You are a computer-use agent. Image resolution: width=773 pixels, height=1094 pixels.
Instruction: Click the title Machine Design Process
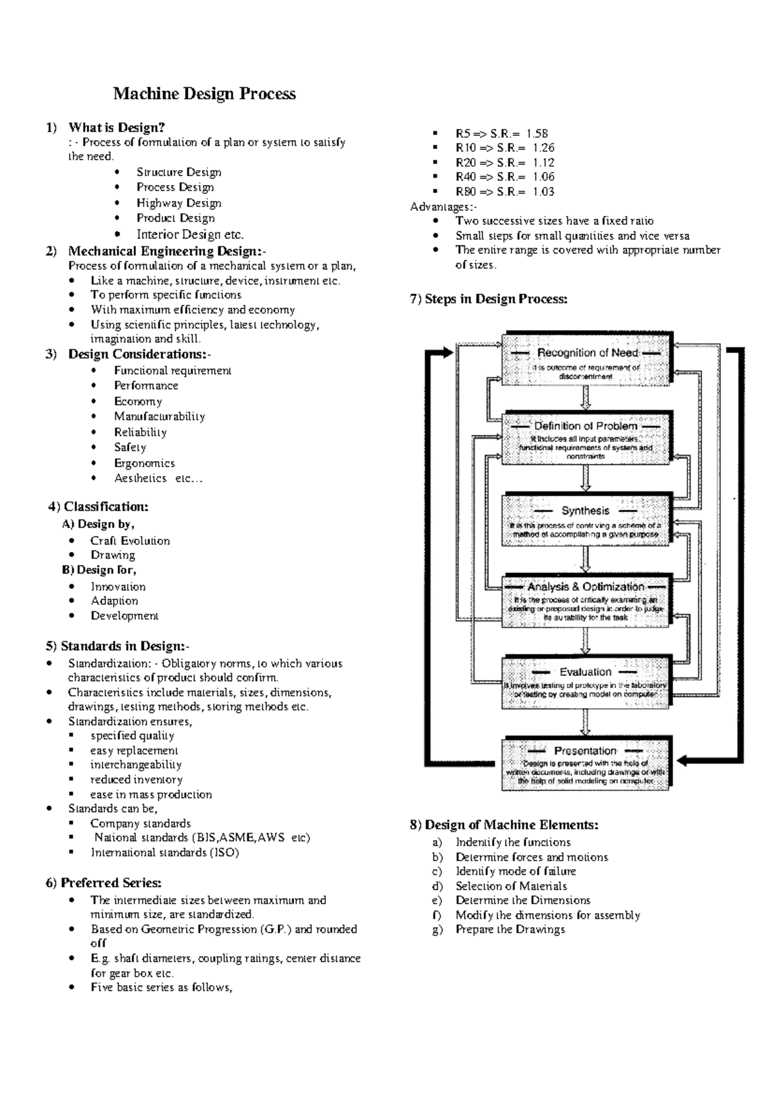204,94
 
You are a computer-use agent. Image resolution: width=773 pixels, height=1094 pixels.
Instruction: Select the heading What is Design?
117,128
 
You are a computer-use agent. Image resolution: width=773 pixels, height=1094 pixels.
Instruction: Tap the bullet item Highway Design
178,203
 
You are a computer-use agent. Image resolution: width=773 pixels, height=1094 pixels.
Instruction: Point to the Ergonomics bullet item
144,463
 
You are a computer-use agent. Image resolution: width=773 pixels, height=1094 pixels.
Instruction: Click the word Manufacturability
159,417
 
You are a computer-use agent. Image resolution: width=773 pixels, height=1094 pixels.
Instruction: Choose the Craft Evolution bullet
130,541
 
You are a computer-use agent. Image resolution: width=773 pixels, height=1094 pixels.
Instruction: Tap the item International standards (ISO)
165,852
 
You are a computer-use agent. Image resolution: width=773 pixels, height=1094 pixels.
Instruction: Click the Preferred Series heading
104,883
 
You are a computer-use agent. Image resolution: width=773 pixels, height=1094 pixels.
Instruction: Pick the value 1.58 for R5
537,133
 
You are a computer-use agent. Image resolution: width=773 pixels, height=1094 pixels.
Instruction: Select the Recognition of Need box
586,359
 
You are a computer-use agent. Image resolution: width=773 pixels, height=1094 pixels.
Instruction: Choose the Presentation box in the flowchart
586,763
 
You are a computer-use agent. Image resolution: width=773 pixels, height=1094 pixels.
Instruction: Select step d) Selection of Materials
511,886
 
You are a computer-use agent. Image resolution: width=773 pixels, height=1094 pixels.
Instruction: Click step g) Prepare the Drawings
510,929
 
